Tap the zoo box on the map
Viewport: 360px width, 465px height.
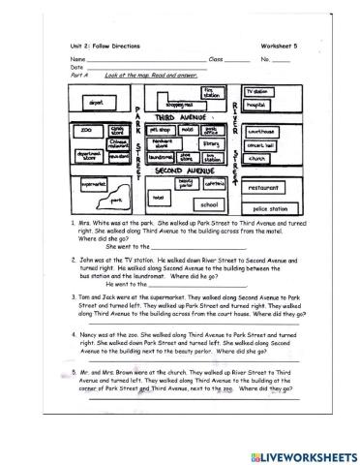tap(87, 128)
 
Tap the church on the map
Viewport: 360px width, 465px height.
tap(257, 158)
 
